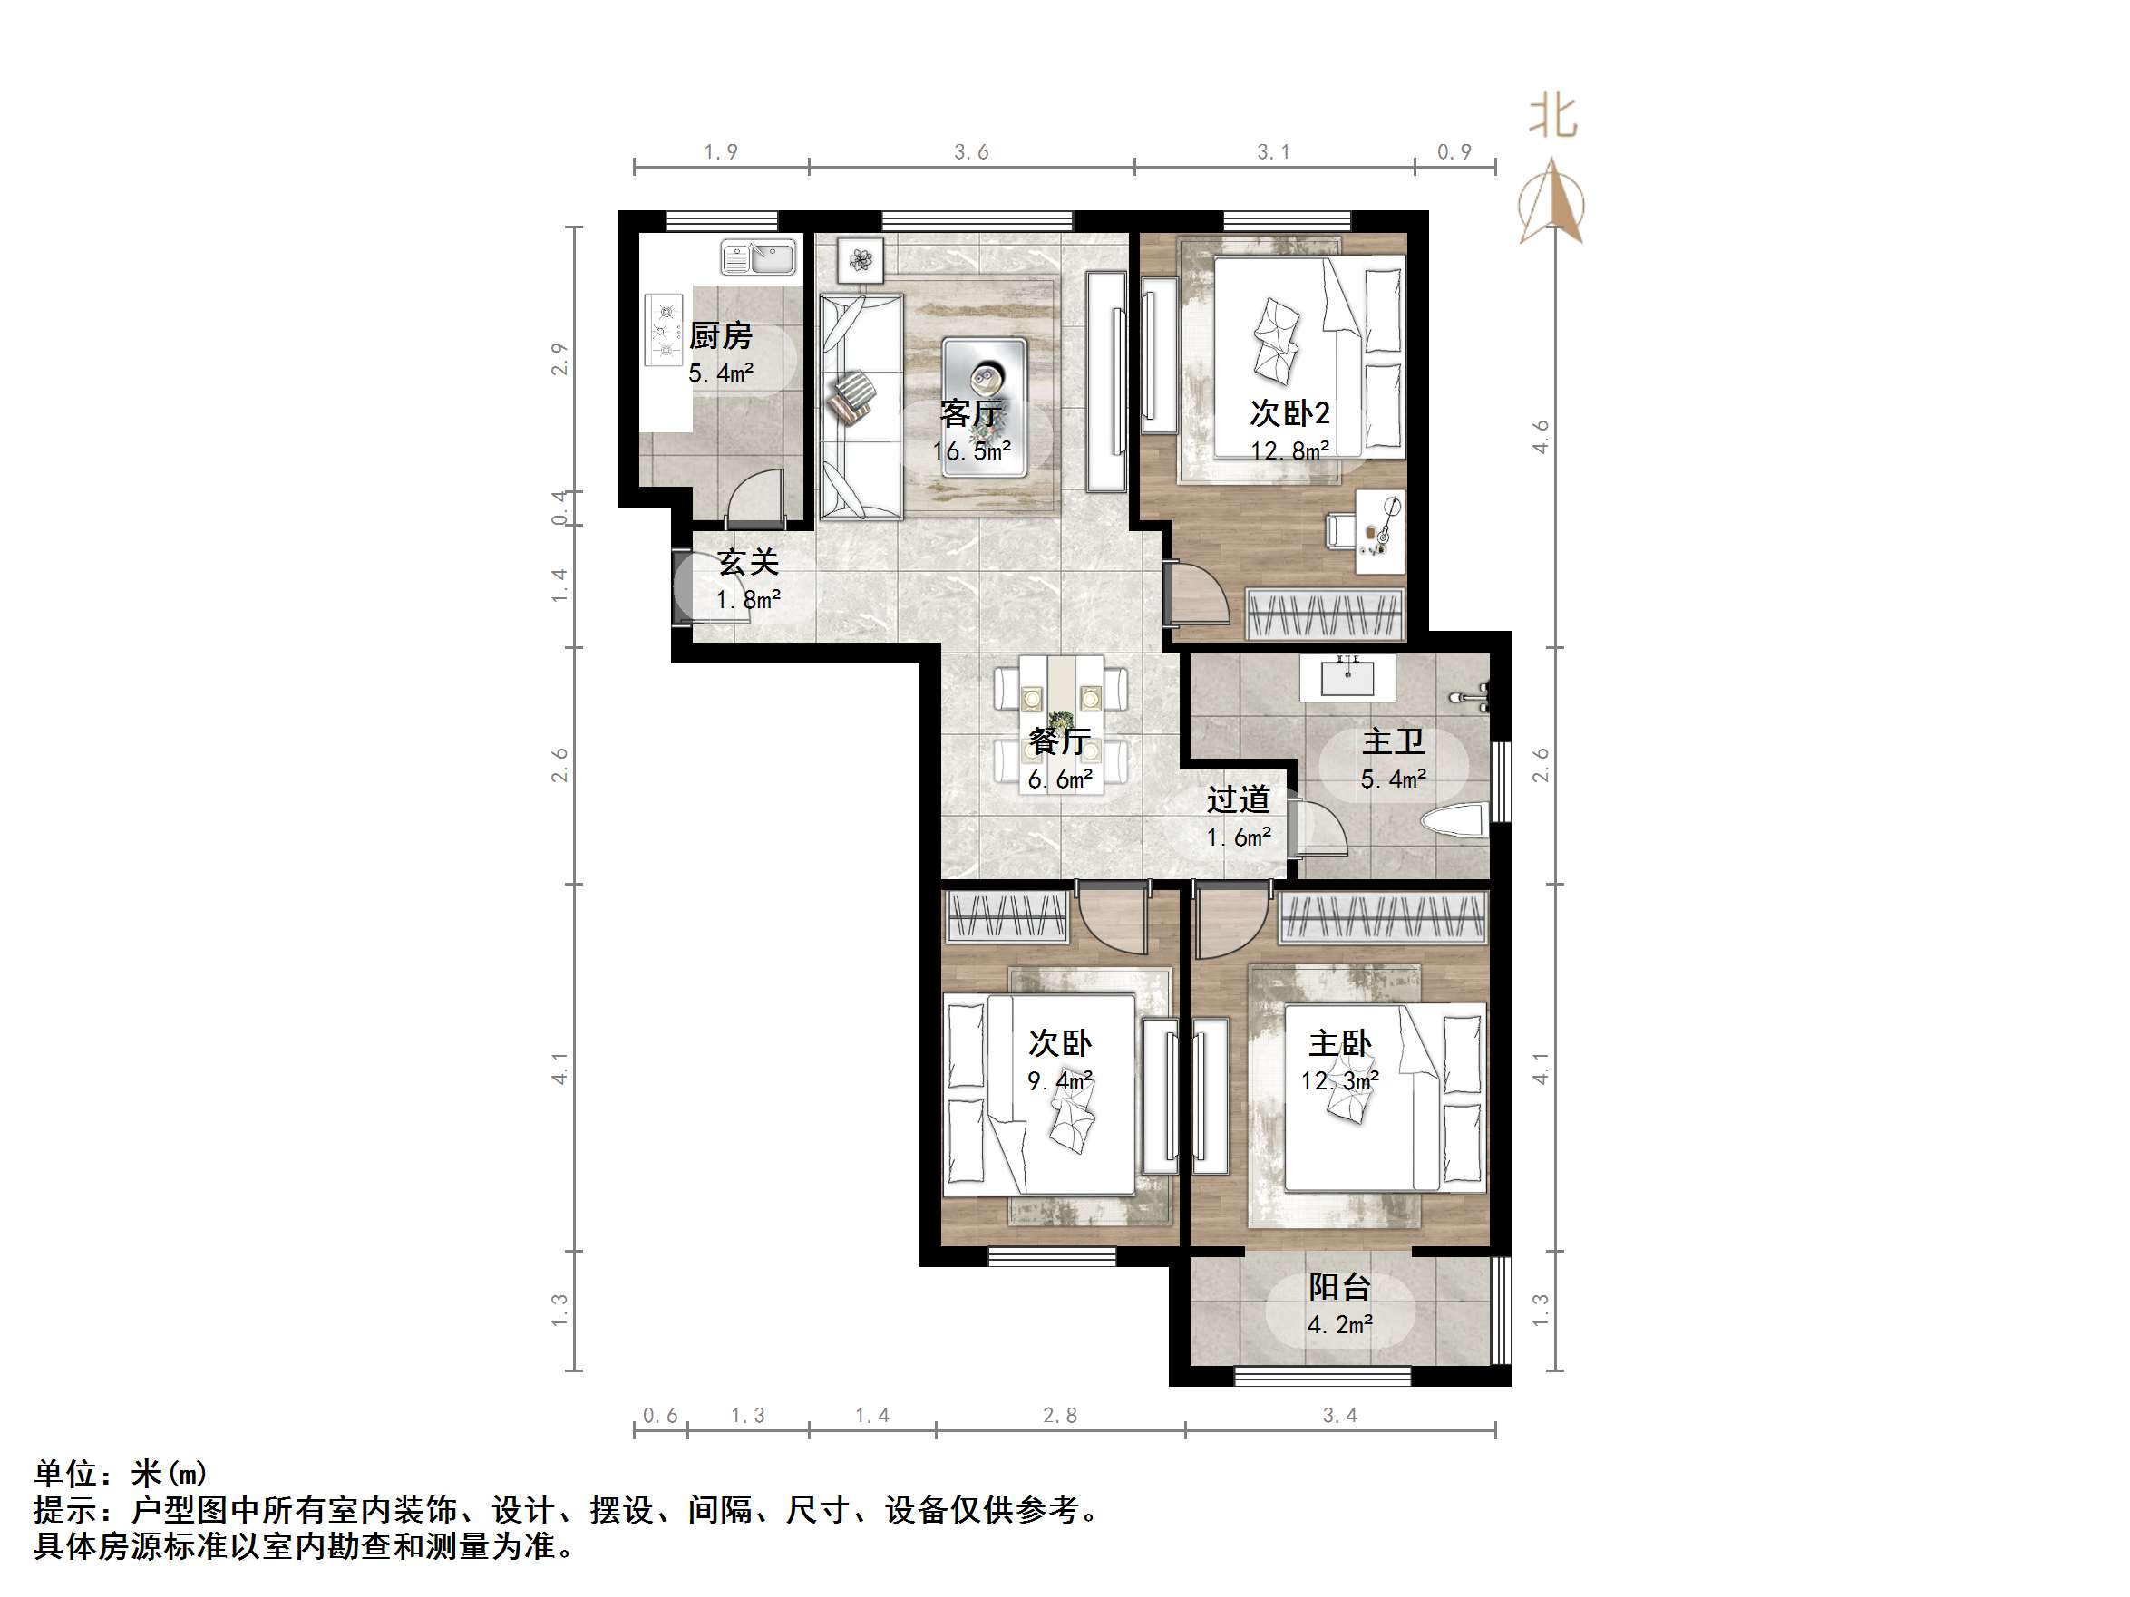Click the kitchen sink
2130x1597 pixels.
759,258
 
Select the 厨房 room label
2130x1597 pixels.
720,336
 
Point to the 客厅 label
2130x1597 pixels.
970,414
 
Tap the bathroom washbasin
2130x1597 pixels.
1347,677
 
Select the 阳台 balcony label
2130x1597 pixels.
1339,1288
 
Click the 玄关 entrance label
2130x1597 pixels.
748,562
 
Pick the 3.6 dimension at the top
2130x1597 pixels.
970,152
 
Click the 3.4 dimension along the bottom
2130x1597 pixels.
1339,1415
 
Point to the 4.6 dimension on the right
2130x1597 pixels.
1541,437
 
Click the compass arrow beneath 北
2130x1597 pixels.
1551,202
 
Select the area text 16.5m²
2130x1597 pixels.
970,450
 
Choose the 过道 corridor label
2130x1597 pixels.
1239,799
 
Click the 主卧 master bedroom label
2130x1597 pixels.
1339,1043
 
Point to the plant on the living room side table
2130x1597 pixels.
860,258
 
